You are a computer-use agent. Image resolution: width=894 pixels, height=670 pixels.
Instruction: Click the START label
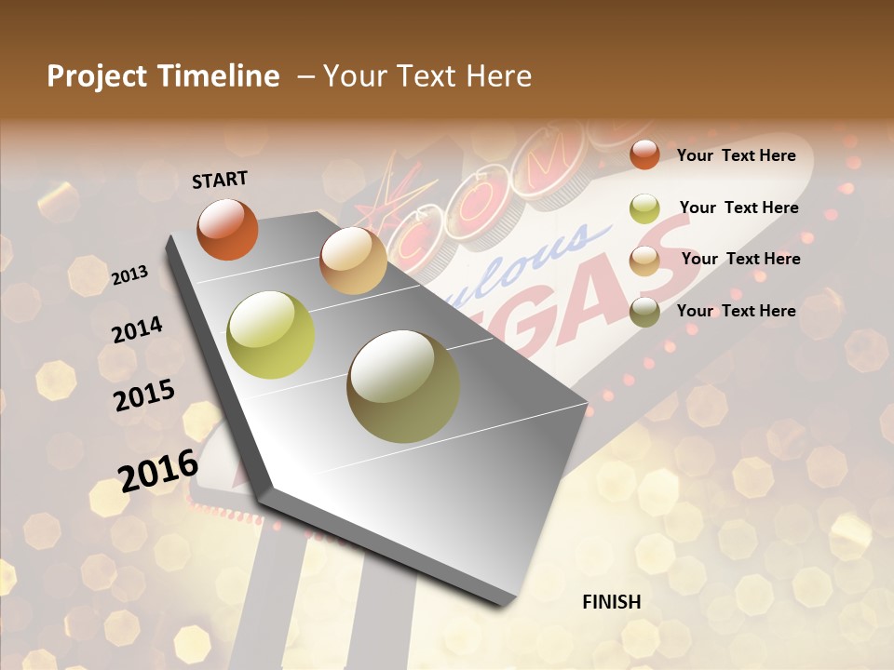click(x=220, y=179)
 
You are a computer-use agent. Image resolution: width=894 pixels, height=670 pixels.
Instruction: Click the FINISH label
click(x=611, y=602)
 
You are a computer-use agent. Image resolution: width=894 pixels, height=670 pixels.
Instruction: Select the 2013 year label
click(x=129, y=275)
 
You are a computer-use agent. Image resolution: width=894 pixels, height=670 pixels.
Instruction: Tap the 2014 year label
click(x=137, y=330)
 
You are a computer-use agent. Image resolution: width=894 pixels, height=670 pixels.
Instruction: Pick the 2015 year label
click(x=144, y=395)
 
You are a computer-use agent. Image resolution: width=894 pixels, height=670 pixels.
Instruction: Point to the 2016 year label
click(x=158, y=470)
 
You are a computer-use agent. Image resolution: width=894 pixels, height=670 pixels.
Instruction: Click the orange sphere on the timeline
click(x=227, y=229)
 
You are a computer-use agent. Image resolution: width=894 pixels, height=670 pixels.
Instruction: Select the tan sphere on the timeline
click(x=353, y=261)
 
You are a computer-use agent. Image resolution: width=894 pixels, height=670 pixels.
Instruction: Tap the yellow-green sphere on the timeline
click(x=271, y=335)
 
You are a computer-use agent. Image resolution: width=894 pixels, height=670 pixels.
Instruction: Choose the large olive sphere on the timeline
click(x=403, y=386)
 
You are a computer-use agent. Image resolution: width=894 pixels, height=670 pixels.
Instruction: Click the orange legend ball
click(x=644, y=155)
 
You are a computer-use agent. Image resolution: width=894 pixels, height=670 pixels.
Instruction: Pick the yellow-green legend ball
click(x=644, y=208)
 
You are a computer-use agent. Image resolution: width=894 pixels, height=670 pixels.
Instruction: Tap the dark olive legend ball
click(x=644, y=312)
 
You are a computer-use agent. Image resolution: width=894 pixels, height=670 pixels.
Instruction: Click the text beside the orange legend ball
click(x=736, y=155)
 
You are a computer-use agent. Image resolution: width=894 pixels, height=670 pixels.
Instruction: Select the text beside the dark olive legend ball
click(x=736, y=311)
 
